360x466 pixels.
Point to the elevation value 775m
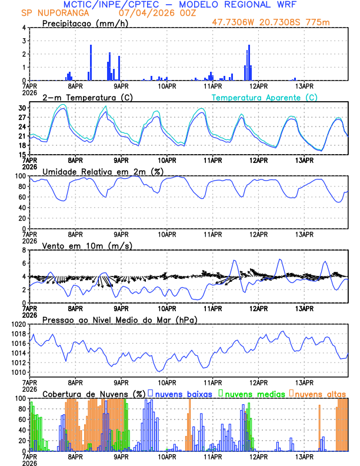click(319, 22)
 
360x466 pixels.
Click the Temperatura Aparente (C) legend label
click(265, 97)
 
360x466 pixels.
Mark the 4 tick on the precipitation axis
click(24, 28)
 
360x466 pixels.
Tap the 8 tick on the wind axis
click(24, 250)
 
